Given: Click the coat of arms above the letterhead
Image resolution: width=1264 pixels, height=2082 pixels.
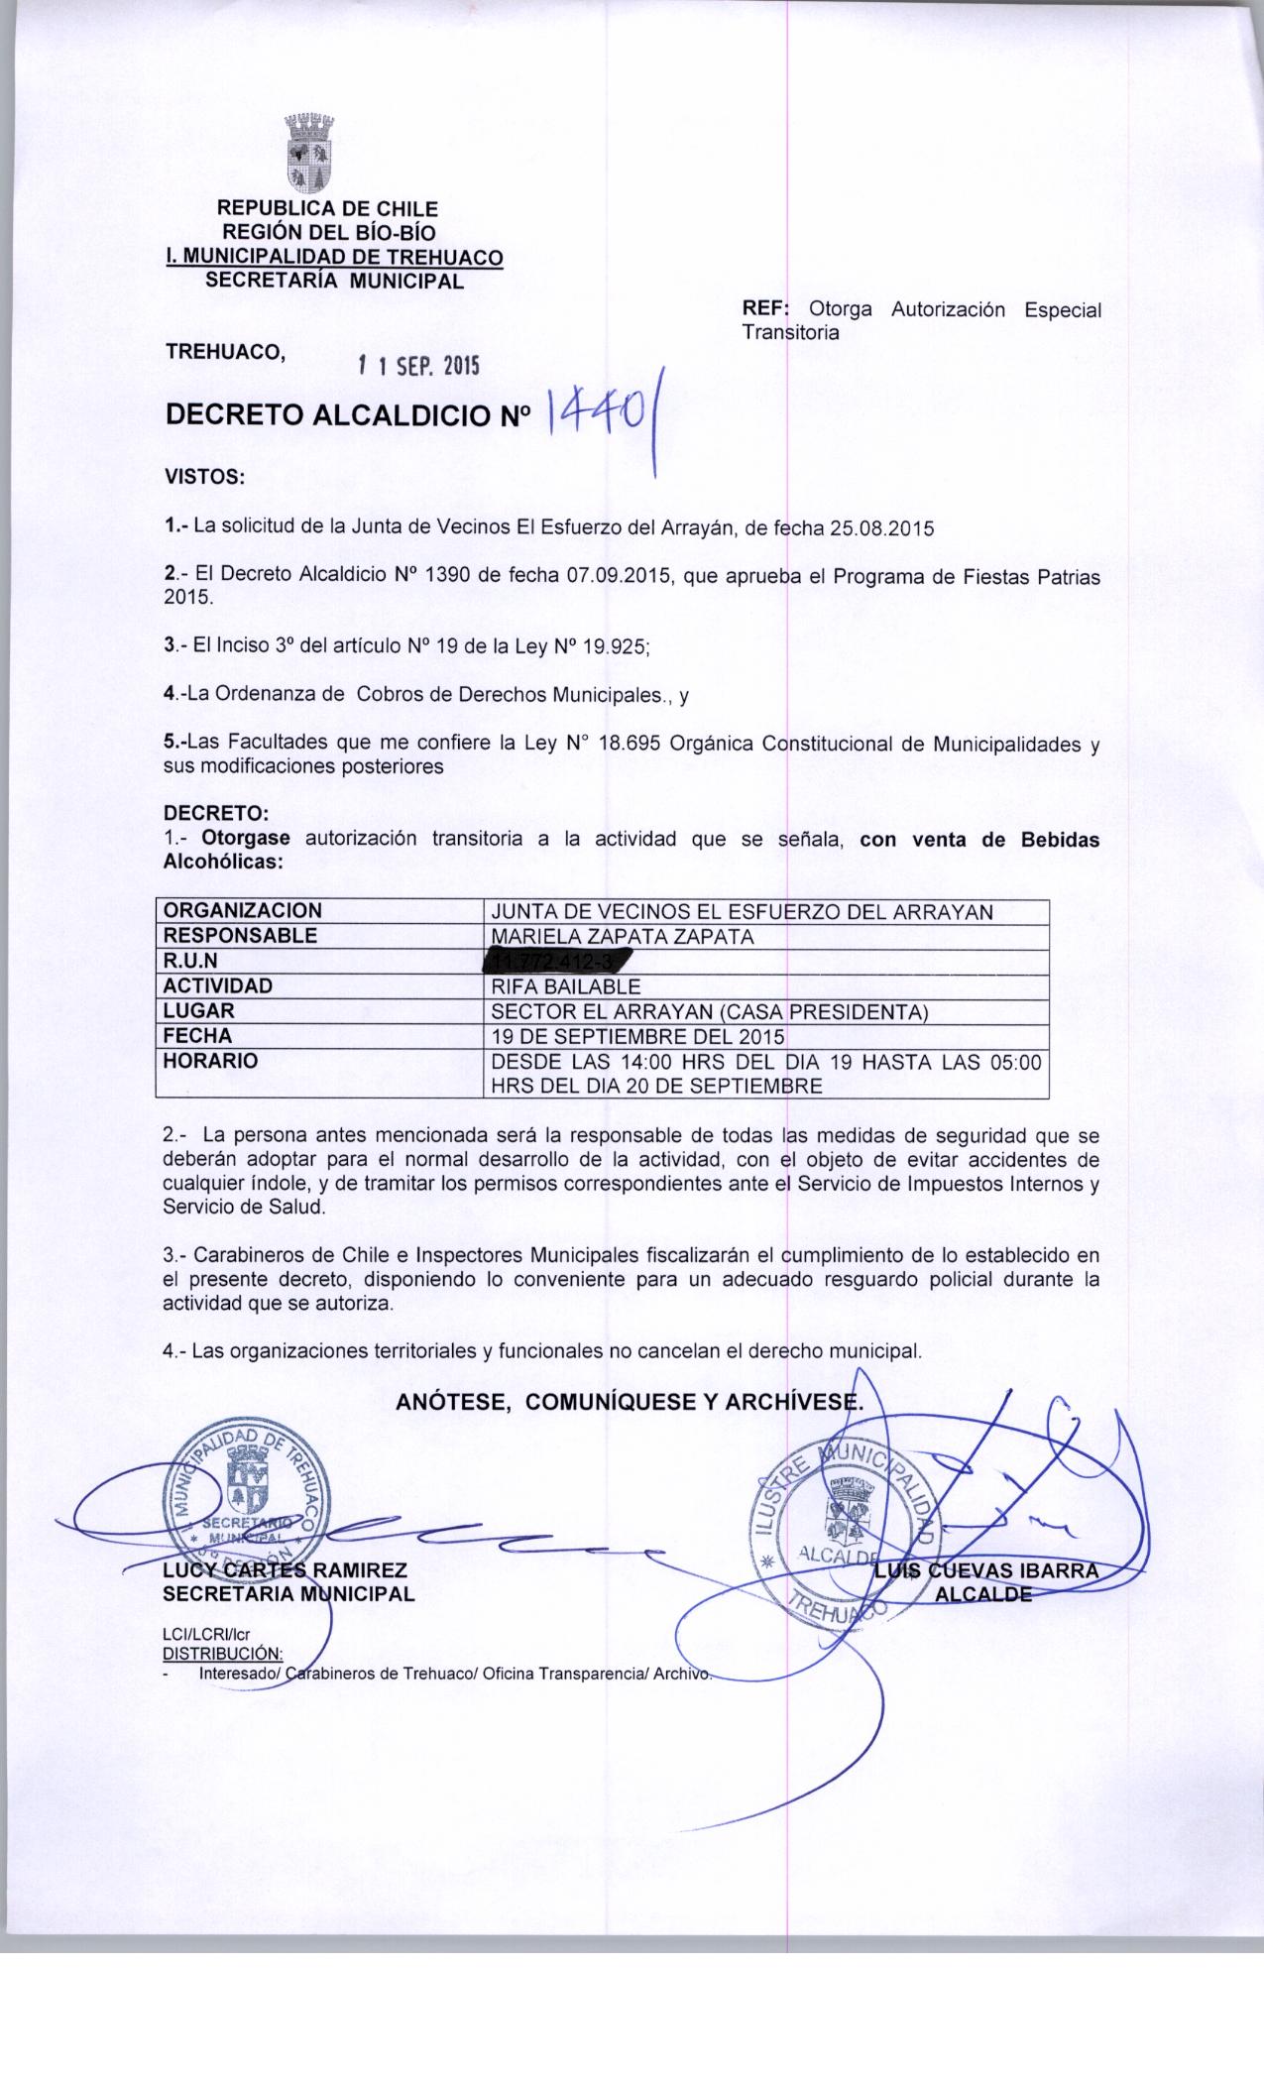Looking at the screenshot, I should [x=308, y=155].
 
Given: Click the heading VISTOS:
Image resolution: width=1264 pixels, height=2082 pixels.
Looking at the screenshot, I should [x=203, y=476].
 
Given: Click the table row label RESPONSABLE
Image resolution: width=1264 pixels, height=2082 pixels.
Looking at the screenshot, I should [x=240, y=935].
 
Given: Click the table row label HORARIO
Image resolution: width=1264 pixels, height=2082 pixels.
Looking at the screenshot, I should [x=211, y=1061].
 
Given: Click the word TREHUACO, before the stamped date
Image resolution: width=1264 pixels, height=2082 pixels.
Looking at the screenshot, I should [x=226, y=351].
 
